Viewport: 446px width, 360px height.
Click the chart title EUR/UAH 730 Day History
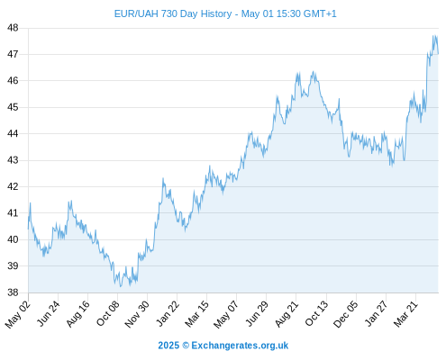173,13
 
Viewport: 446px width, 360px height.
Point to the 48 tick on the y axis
13,28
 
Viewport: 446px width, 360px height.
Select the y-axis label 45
13,107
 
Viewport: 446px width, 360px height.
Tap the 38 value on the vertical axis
13,292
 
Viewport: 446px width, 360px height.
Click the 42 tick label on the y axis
13,186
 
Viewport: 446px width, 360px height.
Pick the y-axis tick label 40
13,239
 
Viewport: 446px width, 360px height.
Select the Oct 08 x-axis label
107,313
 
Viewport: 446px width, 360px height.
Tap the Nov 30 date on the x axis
136,314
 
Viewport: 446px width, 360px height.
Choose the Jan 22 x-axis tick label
168,313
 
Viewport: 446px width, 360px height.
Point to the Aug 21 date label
287,313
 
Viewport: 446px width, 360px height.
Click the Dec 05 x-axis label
346,314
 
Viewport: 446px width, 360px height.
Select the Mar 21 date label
405,313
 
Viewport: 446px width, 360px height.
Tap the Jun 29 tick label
257,313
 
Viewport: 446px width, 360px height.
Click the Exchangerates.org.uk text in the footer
240,346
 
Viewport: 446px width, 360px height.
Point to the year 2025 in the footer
168,346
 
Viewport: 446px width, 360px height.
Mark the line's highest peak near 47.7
433,36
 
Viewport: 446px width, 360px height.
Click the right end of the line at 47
438,54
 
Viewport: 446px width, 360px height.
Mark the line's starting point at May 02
29,229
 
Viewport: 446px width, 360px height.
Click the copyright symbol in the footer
186,346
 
